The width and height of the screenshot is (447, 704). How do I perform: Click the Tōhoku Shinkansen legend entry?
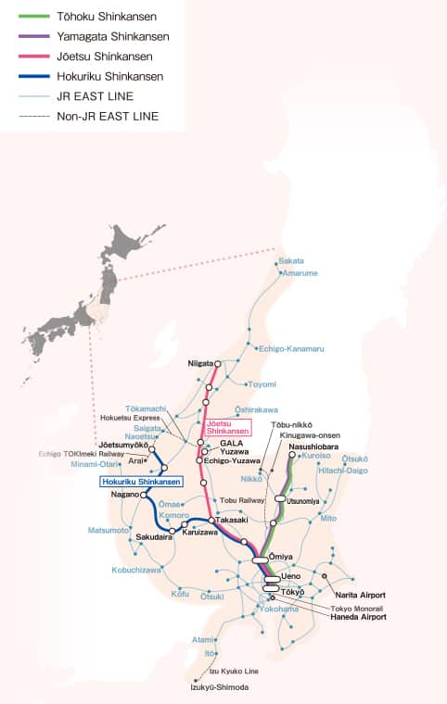(107, 17)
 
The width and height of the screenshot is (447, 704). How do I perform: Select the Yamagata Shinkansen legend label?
(112, 36)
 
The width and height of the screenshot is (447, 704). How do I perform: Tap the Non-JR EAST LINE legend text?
(108, 116)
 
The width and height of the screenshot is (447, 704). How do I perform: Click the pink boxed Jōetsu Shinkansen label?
(227, 428)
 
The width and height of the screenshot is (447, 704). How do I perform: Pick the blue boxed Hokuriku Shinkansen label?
(142, 482)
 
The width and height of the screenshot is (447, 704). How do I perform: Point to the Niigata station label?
(200, 364)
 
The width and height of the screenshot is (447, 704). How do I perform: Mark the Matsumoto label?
(108, 530)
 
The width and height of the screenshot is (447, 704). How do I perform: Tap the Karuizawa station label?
(199, 533)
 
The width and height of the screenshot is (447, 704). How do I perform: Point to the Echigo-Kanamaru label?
(290, 348)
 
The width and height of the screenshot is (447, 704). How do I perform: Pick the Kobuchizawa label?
(138, 570)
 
